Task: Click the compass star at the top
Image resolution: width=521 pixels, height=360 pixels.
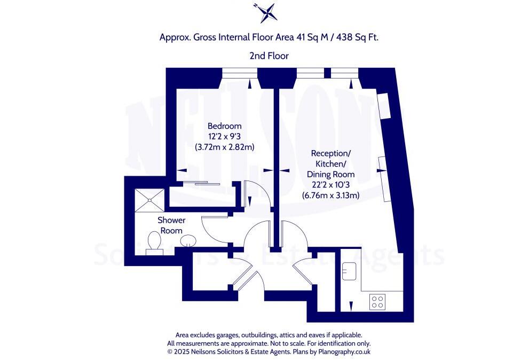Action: point(265,13)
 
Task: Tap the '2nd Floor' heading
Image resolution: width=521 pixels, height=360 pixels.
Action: point(269,56)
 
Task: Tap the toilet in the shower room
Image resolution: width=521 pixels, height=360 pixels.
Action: point(155,241)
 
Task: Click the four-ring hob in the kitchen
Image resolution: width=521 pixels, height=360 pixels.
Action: point(378,302)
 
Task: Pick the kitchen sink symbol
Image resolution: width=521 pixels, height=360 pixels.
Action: point(351,269)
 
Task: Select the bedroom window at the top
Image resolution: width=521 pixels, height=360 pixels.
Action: point(240,72)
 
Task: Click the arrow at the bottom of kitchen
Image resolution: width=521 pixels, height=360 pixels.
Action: point(351,306)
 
